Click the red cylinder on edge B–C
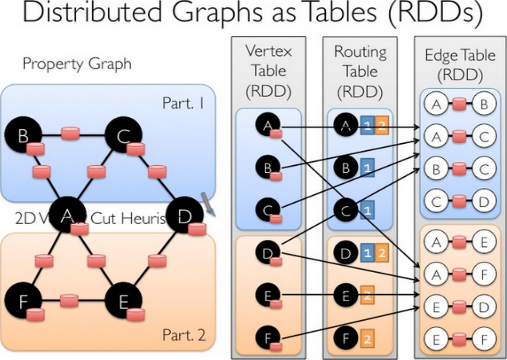pos(70,134)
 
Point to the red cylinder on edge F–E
pos(69,301)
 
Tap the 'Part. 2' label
pos(184,334)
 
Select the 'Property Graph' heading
pos(77,64)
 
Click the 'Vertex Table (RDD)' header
pos(268,70)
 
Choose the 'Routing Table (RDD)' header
pos(360,70)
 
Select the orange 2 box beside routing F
pos(366,338)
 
